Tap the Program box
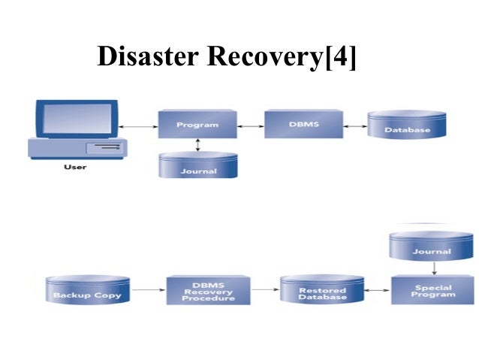point(197,124)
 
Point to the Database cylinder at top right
point(407,126)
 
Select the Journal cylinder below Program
point(198,166)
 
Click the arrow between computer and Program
point(137,126)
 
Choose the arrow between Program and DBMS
point(251,125)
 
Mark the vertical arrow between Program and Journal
point(198,144)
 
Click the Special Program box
point(433,290)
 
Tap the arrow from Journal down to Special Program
point(433,268)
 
